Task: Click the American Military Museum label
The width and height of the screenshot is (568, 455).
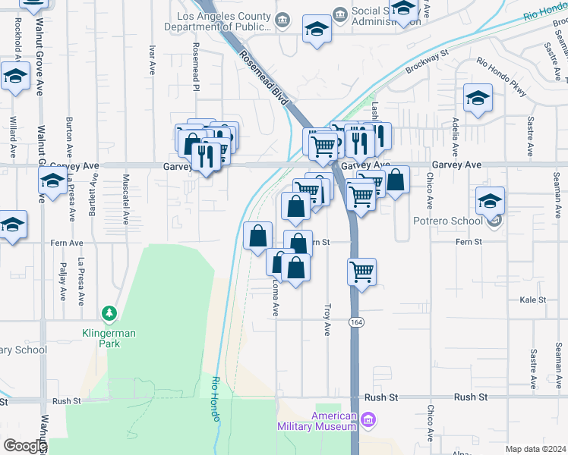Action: (335, 421)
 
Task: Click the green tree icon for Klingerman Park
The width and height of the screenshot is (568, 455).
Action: (109, 312)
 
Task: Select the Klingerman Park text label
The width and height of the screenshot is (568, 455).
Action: (103, 337)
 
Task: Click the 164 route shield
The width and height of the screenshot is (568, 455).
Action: (355, 322)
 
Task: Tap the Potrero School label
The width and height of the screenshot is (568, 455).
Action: (447, 221)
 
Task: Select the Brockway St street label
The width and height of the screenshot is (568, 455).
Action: (423, 61)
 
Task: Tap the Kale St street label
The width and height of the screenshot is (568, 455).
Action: (533, 300)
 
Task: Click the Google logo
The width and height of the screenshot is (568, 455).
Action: (25, 446)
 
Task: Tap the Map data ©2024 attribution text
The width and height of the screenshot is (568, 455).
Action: (535, 449)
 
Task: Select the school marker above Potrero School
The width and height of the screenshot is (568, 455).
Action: (490, 202)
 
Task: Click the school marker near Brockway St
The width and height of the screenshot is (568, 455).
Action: (478, 99)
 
